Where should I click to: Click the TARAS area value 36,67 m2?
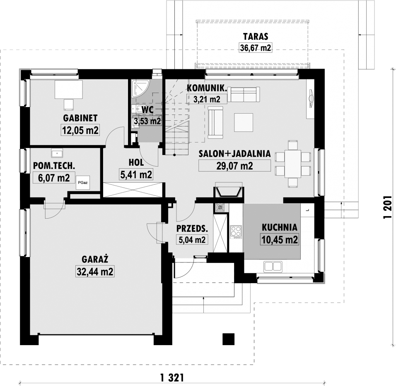pos(255,48)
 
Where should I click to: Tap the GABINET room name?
pos(80,118)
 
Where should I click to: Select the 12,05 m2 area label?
pos(80,130)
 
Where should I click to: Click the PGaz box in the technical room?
pos(83,183)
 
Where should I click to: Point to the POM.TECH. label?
pos(54,166)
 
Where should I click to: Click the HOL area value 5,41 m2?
pos(136,174)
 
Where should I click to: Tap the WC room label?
pos(147,110)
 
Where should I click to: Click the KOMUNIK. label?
pos(207,88)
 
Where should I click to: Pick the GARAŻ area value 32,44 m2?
pos(95,272)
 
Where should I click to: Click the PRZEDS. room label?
pos(192,228)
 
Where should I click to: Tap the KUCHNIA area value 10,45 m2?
pos(280,239)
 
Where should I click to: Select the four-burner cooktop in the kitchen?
pos(236,232)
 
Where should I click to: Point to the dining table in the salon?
pos(293,164)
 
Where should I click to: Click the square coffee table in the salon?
pos(244,122)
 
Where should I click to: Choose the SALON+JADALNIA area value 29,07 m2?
pos(234,166)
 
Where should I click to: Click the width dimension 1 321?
pos(172,378)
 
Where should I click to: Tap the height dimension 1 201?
pos(387,207)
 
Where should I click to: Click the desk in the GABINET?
pos(69,89)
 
